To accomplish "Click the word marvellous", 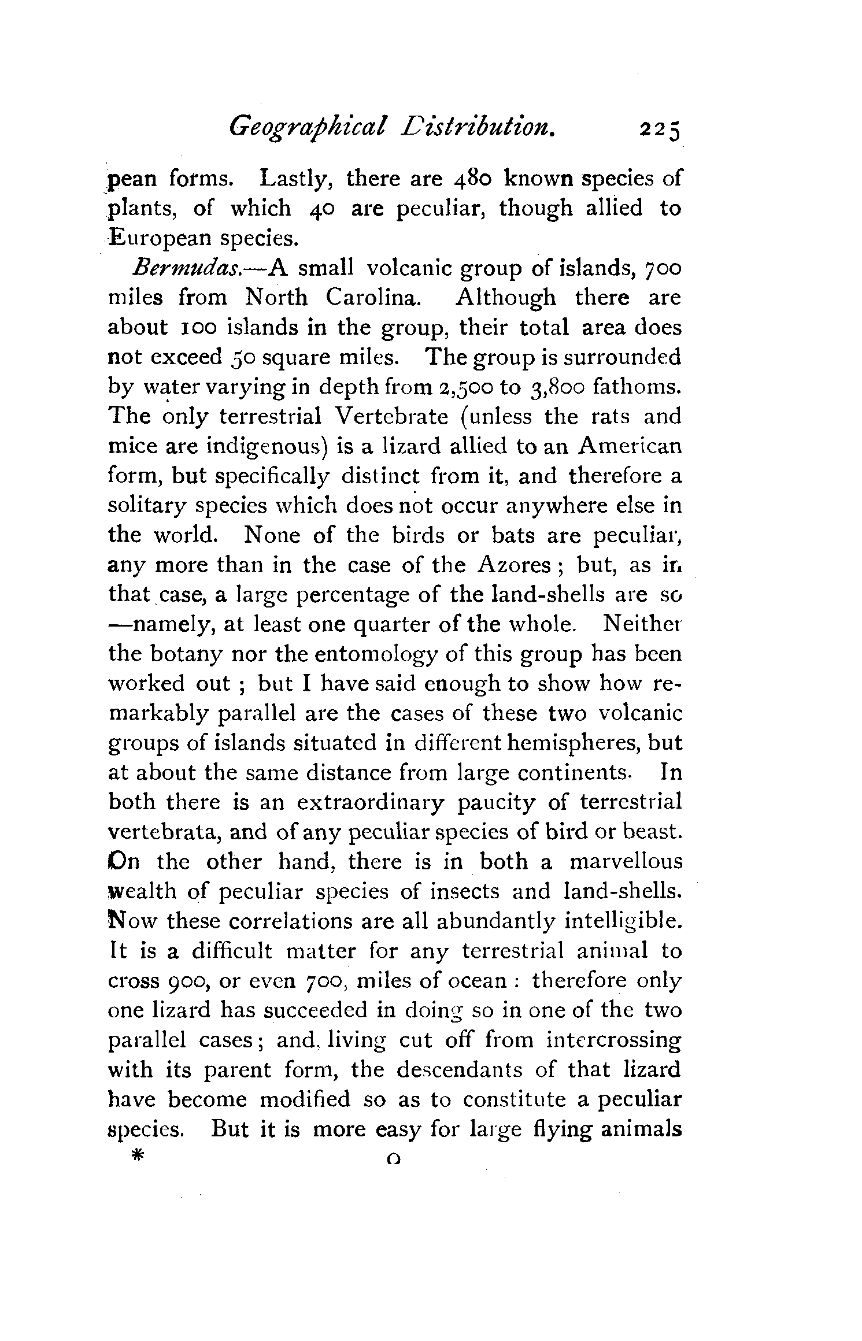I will (x=626, y=862).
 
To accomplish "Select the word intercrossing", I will (x=613, y=1040).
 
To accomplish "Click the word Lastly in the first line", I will (x=294, y=178).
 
